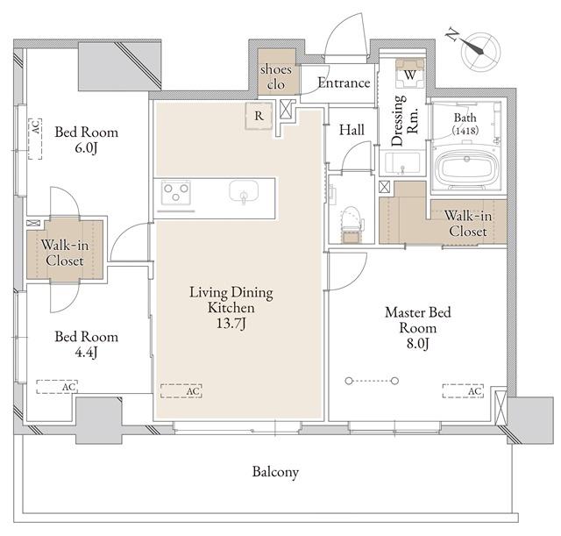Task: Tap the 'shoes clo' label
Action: pyautogui.click(x=276, y=76)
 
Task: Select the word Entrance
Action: pyautogui.click(x=344, y=83)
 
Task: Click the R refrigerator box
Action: pyautogui.click(x=259, y=116)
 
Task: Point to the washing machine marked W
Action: pyautogui.click(x=410, y=74)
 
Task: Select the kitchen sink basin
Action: pyautogui.click(x=244, y=191)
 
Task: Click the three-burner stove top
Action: pyautogui.click(x=175, y=192)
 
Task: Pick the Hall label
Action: pyautogui.click(x=352, y=130)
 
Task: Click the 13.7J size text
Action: pyautogui.click(x=231, y=324)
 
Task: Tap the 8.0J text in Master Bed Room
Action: pyautogui.click(x=417, y=343)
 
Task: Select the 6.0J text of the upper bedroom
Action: pyautogui.click(x=86, y=148)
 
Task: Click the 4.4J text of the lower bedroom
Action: pyautogui.click(x=86, y=353)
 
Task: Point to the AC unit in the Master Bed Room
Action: pyautogui.click(x=463, y=391)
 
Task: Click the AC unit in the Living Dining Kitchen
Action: pyautogui.click(x=181, y=391)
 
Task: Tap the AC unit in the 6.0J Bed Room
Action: pyautogui.click(x=35, y=139)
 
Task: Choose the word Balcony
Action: pyautogui.click(x=275, y=472)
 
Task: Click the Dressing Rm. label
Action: pyautogui.click(x=405, y=120)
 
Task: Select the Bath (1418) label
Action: pyautogui.click(x=465, y=124)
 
